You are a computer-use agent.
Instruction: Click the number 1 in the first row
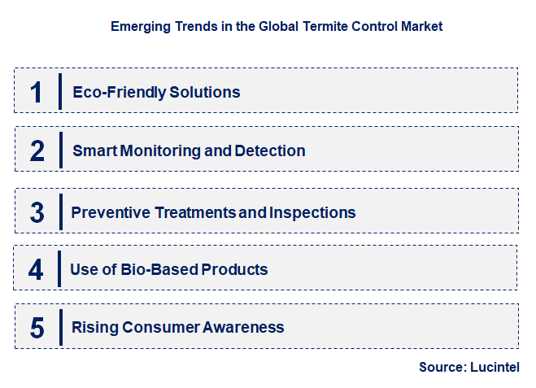pyautogui.click(x=36, y=91)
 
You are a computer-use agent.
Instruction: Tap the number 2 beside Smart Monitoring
pyautogui.click(x=37, y=150)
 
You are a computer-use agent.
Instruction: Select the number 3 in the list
pyautogui.click(x=37, y=212)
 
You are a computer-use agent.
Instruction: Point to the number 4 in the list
pyautogui.click(x=36, y=269)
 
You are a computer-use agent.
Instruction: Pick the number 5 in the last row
pyautogui.click(x=37, y=328)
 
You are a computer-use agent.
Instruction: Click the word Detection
pyautogui.click(x=270, y=150)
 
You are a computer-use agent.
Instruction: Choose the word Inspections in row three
pyautogui.click(x=313, y=212)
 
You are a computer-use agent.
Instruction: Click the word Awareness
pyautogui.click(x=242, y=328)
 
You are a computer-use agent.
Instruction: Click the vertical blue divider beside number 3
pyautogui.click(x=60, y=211)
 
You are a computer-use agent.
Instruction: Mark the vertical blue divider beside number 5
pyautogui.click(x=60, y=327)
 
